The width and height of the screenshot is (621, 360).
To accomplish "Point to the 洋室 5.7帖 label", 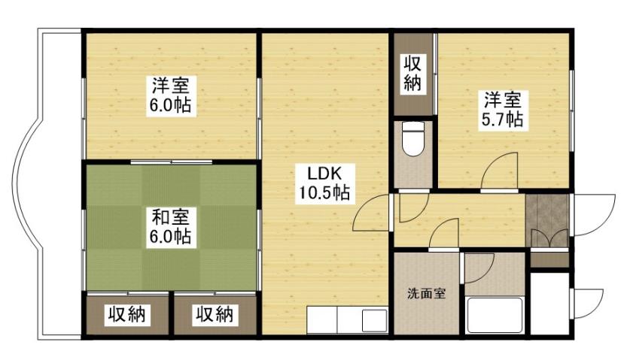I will click(503, 108).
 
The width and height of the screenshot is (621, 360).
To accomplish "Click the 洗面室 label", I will click(427, 293).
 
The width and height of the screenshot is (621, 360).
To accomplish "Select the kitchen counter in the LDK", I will click(346, 319).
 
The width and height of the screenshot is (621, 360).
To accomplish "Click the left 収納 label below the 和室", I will click(126, 313).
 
